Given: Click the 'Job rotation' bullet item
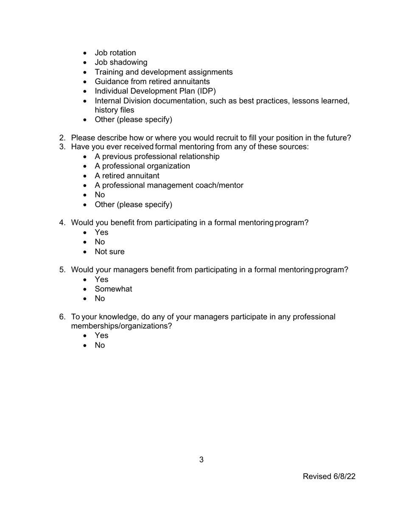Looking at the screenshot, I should [x=115, y=53].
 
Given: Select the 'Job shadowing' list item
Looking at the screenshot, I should [x=121, y=62].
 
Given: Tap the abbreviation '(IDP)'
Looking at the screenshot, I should [x=206, y=91].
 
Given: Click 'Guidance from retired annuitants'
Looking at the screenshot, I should [x=152, y=81].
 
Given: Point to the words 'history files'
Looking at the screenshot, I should [x=114, y=110].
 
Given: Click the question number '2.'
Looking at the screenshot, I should [x=62, y=138].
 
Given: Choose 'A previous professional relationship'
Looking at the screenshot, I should [x=157, y=157].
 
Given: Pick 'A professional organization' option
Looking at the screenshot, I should [x=142, y=166].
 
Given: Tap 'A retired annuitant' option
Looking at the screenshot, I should [x=127, y=176].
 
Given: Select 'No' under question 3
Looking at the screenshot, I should [x=100, y=195].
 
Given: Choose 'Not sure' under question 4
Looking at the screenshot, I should [x=109, y=252].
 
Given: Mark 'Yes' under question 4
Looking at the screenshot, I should [x=101, y=233].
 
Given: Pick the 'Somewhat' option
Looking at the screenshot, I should [x=113, y=289].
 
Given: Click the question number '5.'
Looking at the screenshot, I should [x=62, y=270].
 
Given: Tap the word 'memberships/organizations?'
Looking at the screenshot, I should [x=121, y=326].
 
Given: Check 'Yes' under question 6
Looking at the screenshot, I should [x=101, y=336].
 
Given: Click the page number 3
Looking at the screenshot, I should [x=201, y=460].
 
